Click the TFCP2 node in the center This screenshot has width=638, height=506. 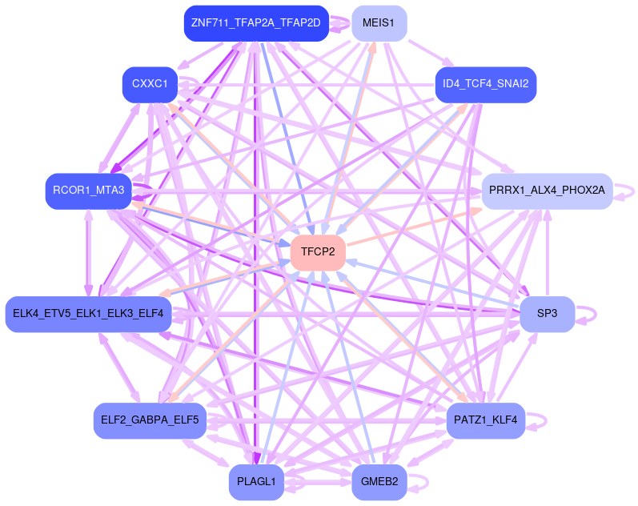[x=318, y=253]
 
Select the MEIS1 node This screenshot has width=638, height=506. [x=379, y=23]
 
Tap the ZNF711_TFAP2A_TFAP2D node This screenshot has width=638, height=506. [x=255, y=23]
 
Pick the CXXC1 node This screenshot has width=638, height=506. [x=150, y=84]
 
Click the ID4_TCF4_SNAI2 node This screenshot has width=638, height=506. [x=485, y=84]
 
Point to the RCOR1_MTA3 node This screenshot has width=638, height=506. [x=88, y=191]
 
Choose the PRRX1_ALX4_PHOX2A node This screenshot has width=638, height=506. [x=547, y=191]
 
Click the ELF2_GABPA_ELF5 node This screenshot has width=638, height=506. [x=150, y=420]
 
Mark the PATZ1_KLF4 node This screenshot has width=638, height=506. [x=485, y=420]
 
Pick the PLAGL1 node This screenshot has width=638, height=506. [x=256, y=482]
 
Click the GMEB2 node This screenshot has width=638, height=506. [x=379, y=482]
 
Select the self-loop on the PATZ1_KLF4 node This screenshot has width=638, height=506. [x=545, y=420]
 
